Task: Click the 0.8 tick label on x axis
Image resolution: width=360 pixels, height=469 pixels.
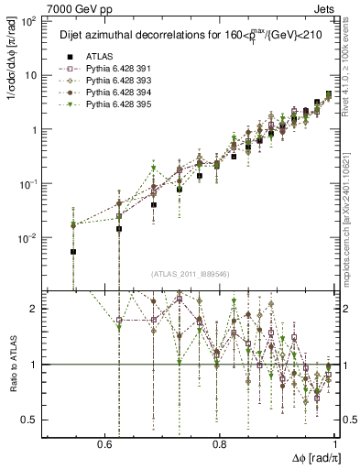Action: [x=220, y=443]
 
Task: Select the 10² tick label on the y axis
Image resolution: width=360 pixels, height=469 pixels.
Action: [x=26, y=21]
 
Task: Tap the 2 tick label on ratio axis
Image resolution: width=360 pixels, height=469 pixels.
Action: [x=34, y=309]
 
